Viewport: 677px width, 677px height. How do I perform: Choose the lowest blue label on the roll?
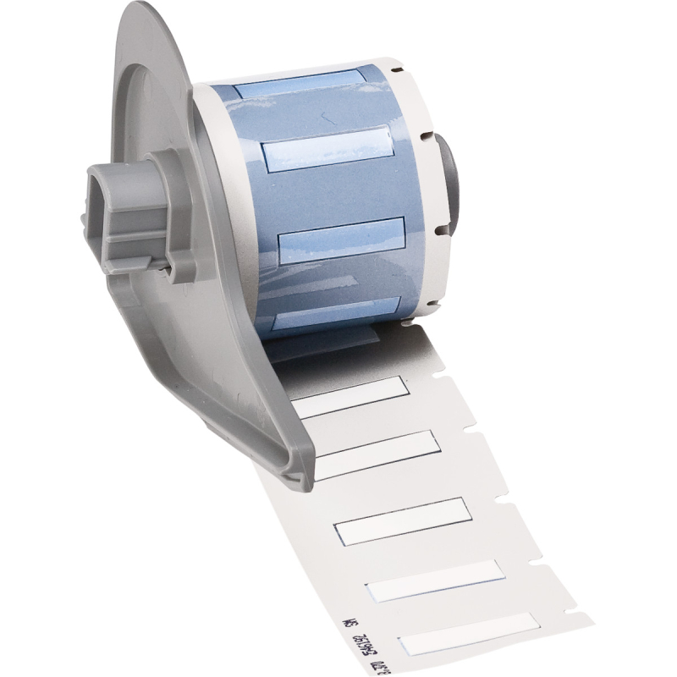click(330, 319)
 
